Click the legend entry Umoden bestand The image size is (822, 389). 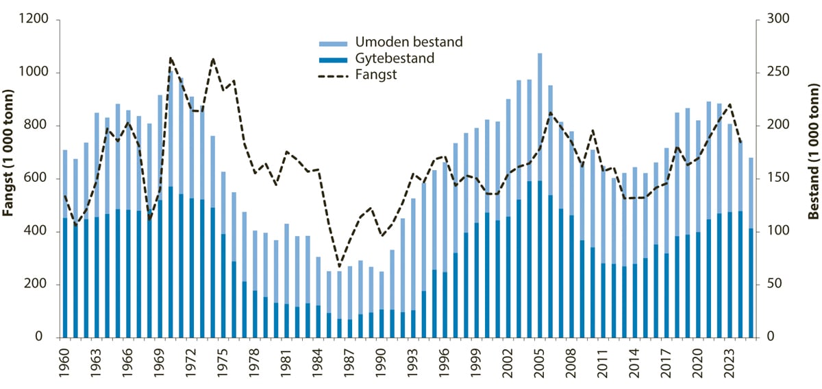click(408, 43)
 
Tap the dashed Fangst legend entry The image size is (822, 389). click(376, 75)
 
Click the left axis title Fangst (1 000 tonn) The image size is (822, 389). click(10, 178)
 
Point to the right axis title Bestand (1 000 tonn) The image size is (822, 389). click(813, 178)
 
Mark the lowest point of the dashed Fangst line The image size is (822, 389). click(339, 266)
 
